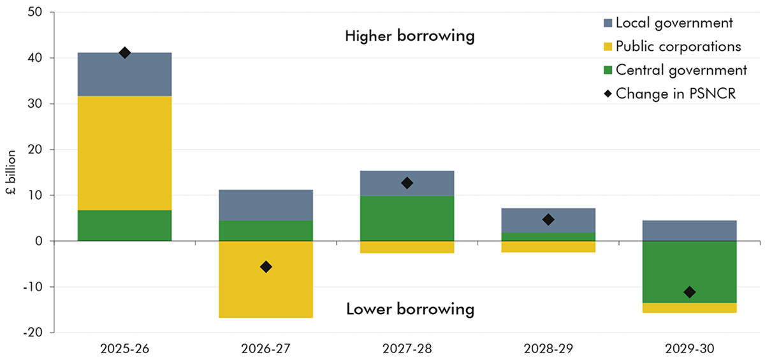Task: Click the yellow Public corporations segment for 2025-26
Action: (x=124, y=153)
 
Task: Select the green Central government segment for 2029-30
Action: (x=690, y=271)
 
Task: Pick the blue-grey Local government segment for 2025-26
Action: (x=124, y=74)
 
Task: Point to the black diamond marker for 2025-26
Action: (x=125, y=53)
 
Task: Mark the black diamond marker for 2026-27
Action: (x=266, y=266)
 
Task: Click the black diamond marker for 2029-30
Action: (x=690, y=292)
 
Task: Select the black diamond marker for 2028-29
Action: (x=548, y=219)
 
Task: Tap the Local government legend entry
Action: (x=666, y=24)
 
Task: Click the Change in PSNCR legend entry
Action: (x=669, y=93)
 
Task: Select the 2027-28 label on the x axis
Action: (x=407, y=350)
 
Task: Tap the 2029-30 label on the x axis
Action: (x=690, y=350)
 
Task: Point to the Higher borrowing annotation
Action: (x=410, y=36)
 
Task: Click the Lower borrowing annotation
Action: (x=410, y=310)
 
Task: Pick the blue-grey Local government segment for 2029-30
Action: (x=690, y=231)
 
